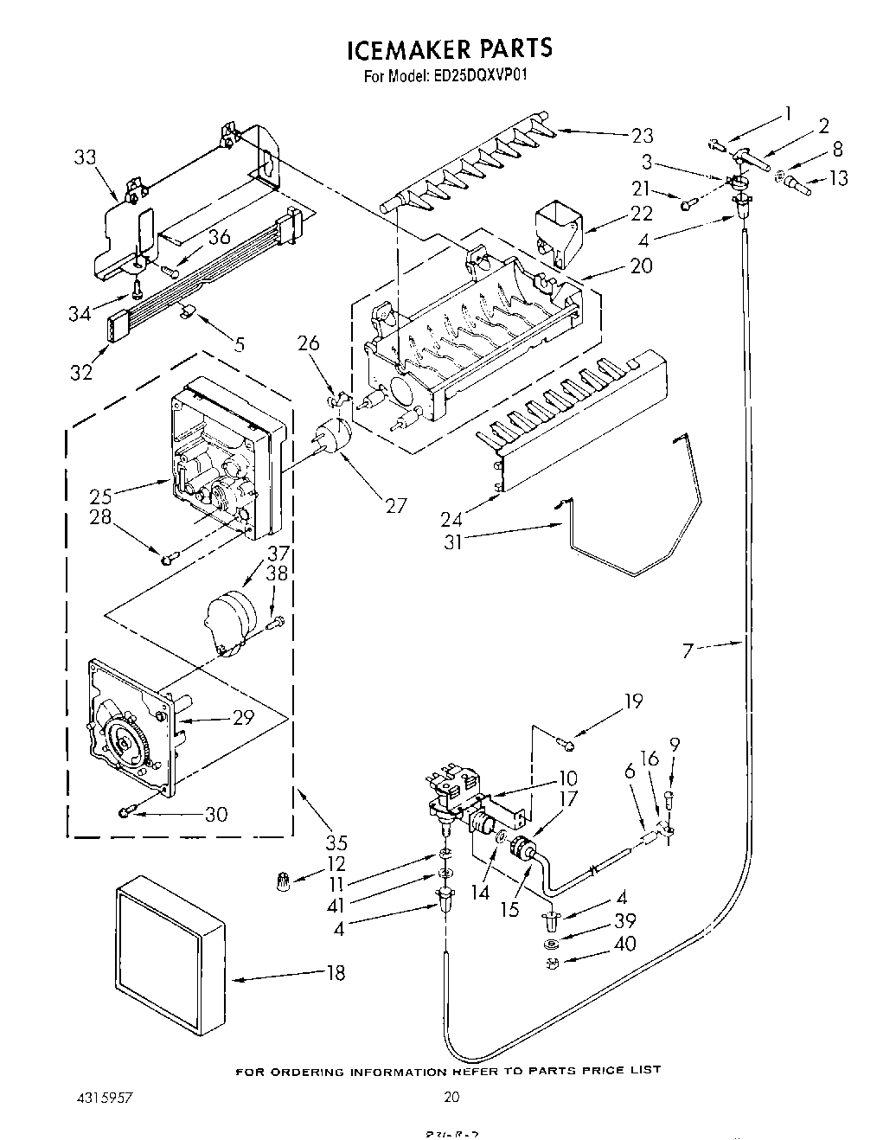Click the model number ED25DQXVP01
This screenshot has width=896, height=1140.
(476, 75)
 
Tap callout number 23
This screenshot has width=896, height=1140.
(642, 136)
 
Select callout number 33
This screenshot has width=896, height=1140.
(85, 157)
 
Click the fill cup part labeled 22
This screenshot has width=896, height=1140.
(558, 227)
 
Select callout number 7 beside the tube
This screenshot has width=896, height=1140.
(688, 650)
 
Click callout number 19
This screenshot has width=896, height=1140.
(634, 701)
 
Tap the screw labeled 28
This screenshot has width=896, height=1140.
(167, 558)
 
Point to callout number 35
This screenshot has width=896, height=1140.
(337, 842)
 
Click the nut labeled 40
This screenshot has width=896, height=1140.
(552, 964)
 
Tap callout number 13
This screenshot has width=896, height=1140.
(837, 178)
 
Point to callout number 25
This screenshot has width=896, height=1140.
(101, 496)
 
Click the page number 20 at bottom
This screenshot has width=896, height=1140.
(451, 1098)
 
